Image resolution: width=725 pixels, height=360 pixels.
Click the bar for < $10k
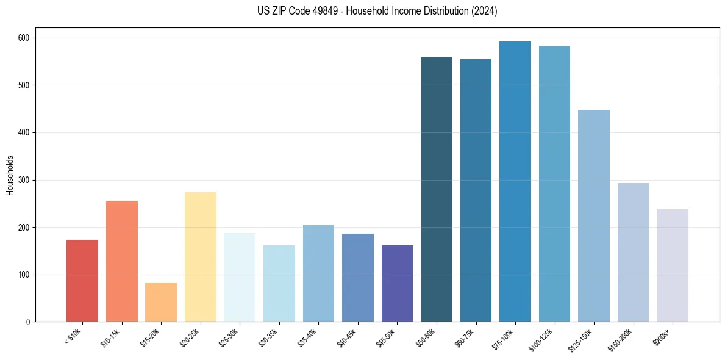pos(82,281)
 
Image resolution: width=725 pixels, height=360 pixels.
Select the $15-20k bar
pos(161,302)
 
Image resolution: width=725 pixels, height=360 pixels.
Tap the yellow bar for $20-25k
pos(200,257)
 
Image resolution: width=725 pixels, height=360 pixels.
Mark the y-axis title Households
pos(10,175)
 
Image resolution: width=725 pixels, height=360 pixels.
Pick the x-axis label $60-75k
pos(467,337)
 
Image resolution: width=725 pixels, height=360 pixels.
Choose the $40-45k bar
pos(358,278)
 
